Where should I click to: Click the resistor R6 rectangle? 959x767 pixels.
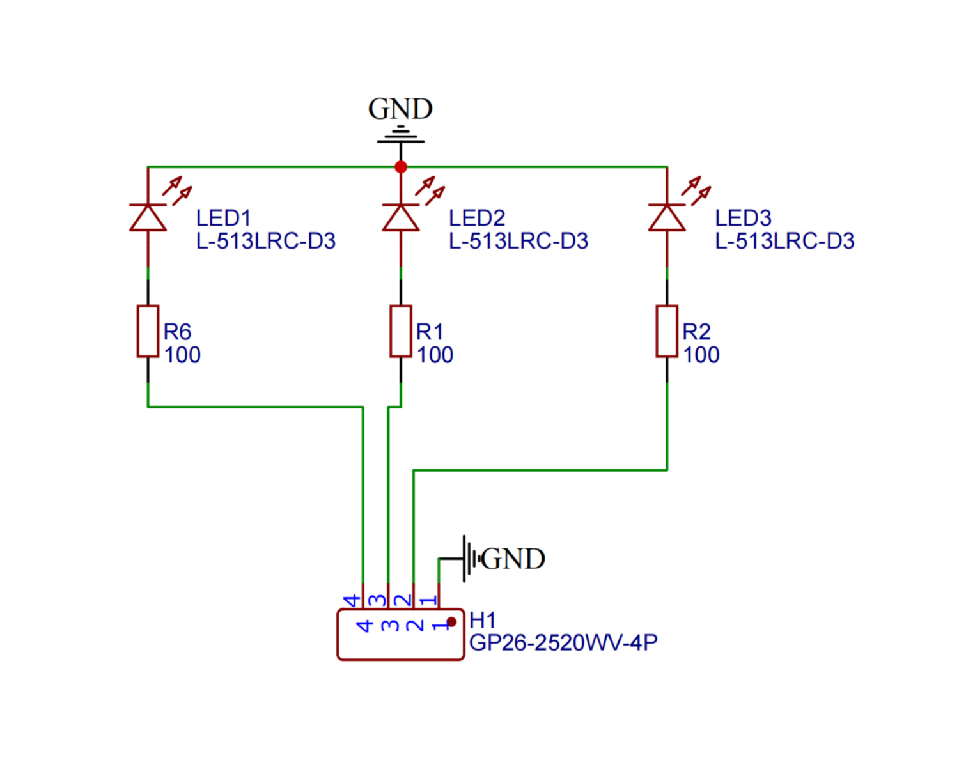(x=148, y=331)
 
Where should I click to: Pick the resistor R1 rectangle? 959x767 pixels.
(x=401, y=331)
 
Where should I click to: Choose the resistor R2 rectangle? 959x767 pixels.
(x=667, y=331)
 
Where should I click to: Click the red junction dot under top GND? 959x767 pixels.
(x=401, y=167)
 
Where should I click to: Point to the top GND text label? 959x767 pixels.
(x=400, y=109)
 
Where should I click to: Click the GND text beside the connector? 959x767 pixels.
(x=513, y=559)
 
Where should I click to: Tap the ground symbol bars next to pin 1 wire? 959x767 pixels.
(x=470, y=559)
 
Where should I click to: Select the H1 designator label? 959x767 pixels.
(x=482, y=620)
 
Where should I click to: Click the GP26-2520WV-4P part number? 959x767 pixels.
(x=563, y=643)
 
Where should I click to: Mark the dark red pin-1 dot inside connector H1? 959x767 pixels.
(x=451, y=622)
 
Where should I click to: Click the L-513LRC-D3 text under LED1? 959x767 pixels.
(x=265, y=242)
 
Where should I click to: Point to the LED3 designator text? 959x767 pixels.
(x=743, y=218)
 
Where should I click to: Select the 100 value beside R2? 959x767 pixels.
(x=701, y=355)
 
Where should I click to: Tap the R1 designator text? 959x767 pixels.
(x=429, y=332)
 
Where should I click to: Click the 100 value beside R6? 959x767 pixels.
(x=182, y=355)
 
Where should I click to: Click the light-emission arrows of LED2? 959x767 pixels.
(x=430, y=190)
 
